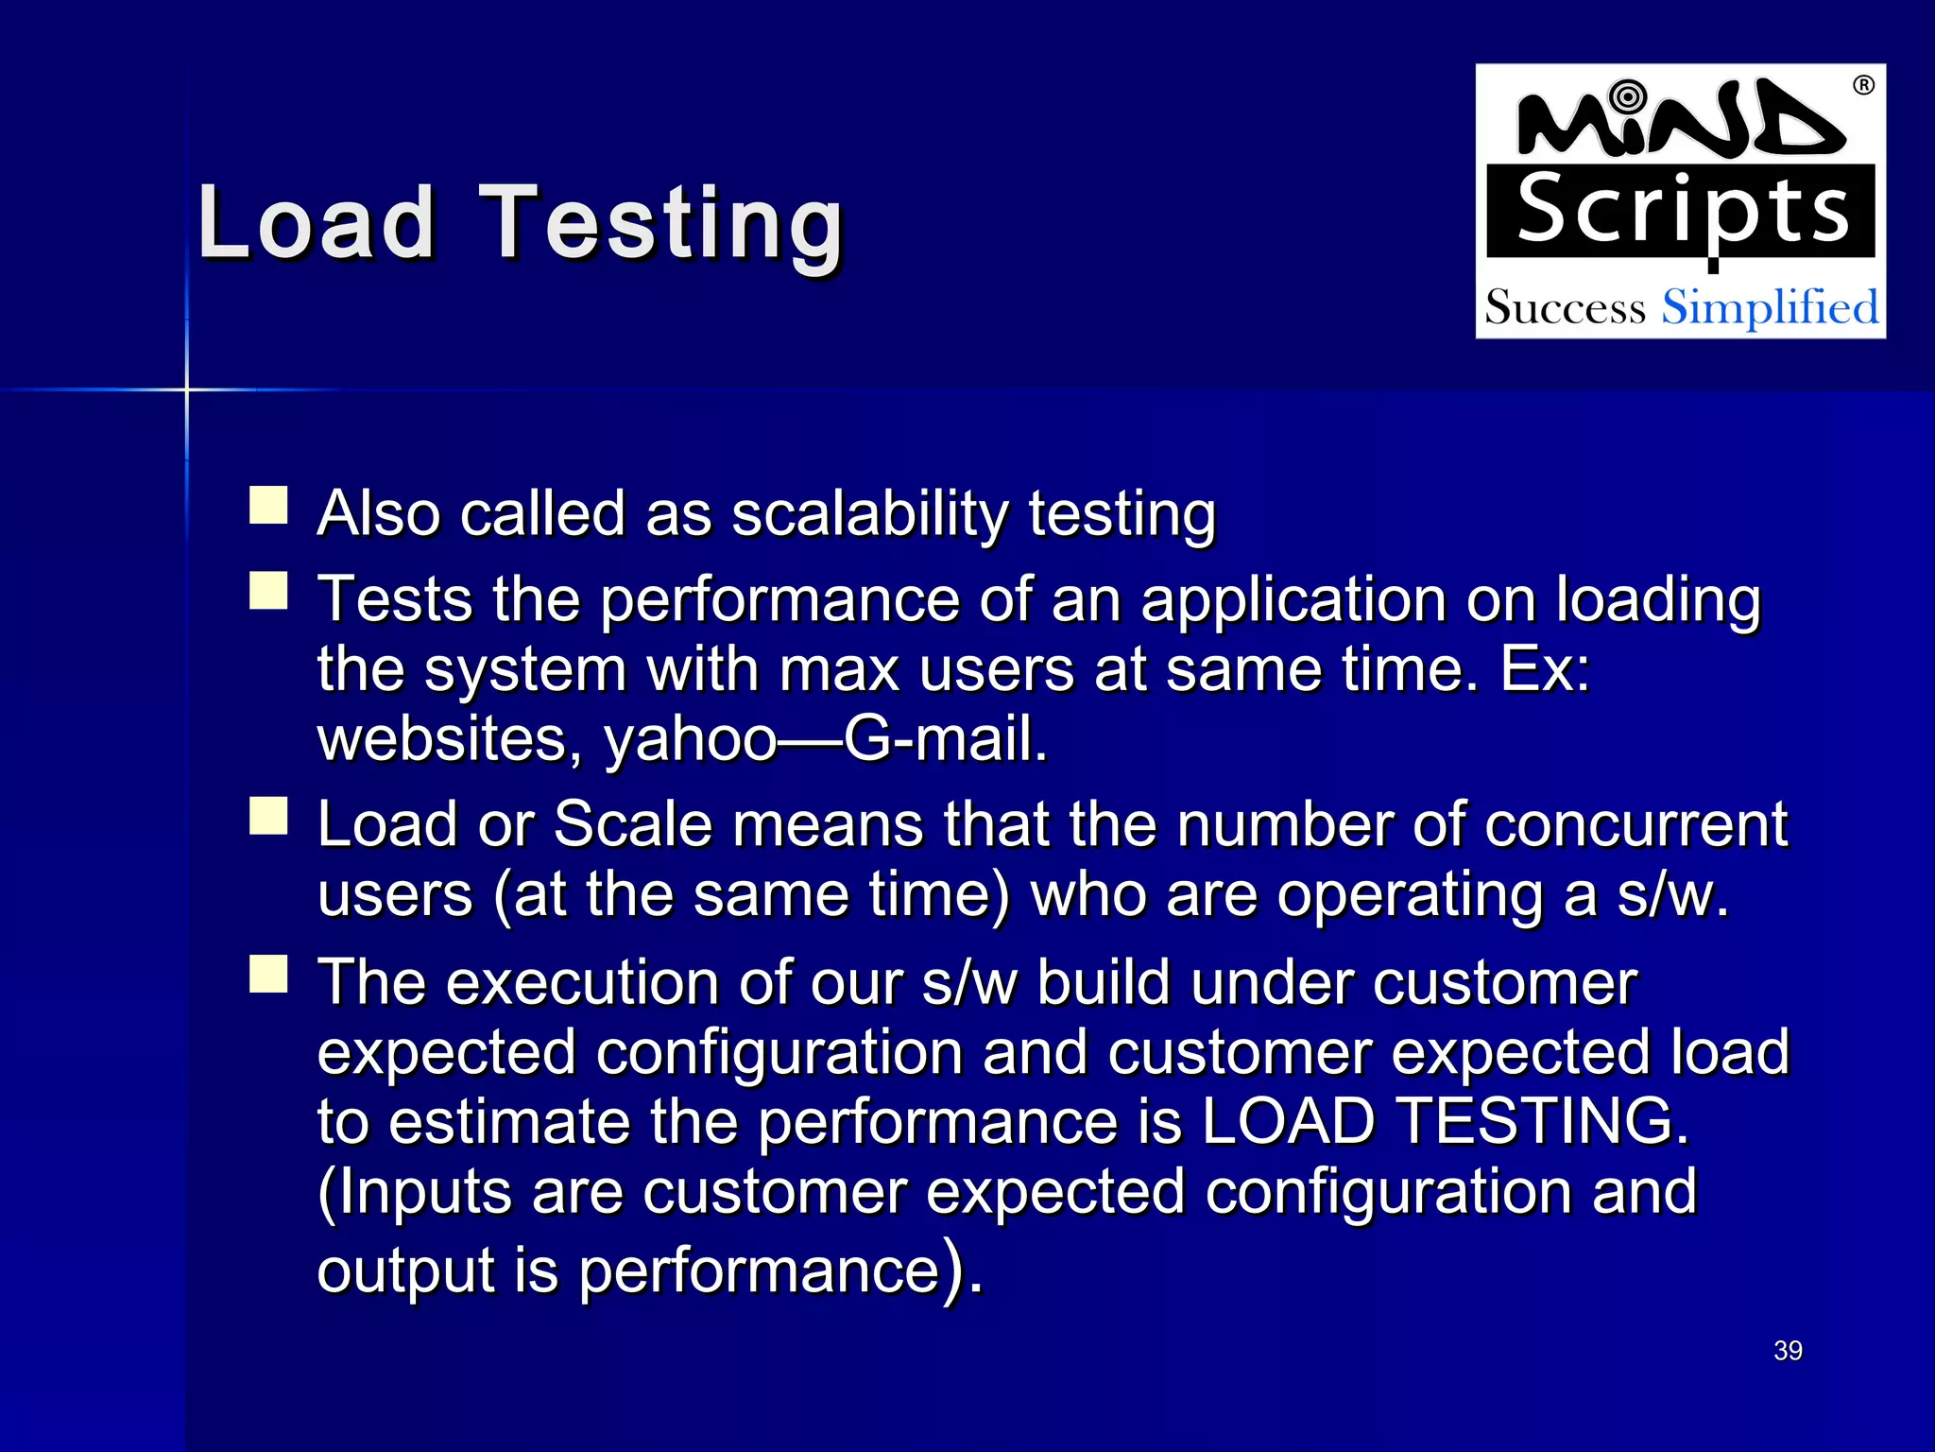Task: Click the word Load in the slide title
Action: [317, 223]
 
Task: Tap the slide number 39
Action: [1788, 1350]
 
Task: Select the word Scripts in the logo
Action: [1682, 212]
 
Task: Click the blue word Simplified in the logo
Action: [1770, 308]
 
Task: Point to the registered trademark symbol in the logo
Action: [1863, 86]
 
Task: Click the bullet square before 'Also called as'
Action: [268, 506]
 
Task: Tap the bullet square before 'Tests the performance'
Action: [268, 591]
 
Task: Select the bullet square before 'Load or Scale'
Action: [268, 816]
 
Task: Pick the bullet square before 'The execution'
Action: [268, 974]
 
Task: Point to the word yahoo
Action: [691, 739]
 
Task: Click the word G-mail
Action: [946, 739]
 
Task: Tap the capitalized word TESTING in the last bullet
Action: [1542, 1121]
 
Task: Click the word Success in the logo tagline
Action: [1565, 308]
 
